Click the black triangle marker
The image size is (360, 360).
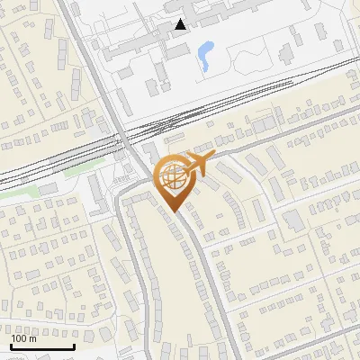click(x=181, y=24)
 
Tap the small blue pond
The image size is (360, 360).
click(x=205, y=55)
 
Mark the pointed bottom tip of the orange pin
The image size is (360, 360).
click(x=173, y=211)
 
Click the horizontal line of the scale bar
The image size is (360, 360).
click(x=42, y=346)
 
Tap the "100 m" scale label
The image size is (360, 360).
click(x=24, y=338)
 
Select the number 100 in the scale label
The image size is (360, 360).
click(x=21, y=338)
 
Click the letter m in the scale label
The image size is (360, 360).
click(x=33, y=339)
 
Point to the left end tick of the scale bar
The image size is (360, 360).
click(x=11, y=345)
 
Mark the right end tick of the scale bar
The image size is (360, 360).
click(x=74, y=345)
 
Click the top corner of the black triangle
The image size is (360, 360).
click(x=181, y=19)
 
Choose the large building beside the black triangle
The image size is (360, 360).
click(x=148, y=40)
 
